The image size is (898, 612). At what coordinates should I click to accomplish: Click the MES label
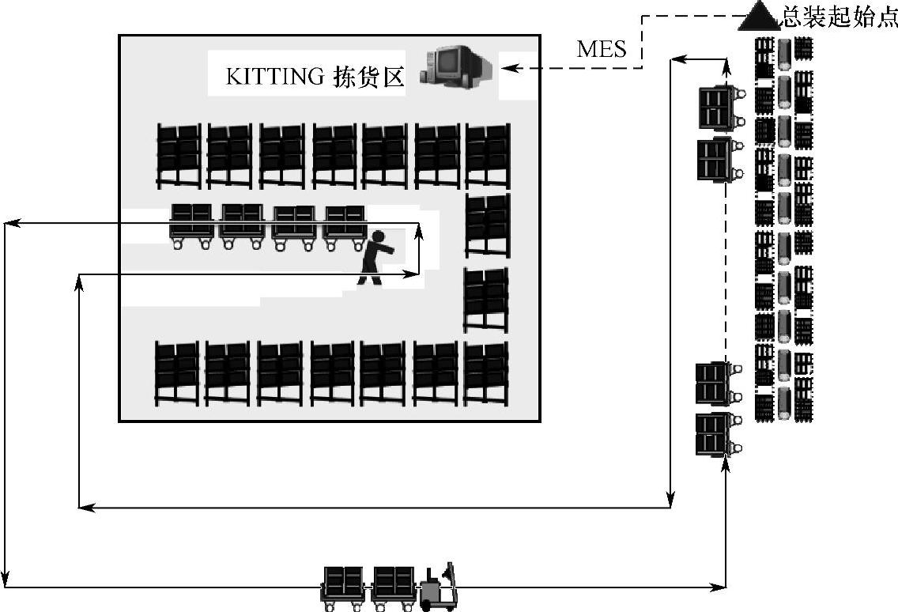point(602,49)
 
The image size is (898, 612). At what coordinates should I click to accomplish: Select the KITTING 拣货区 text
point(315,77)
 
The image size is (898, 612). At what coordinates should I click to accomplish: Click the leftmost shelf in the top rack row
point(178,155)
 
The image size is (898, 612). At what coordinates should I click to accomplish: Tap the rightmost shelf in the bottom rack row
point(485,373)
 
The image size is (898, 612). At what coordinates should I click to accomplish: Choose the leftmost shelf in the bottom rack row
point(176,373)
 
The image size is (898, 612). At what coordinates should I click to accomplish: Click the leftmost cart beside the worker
point(191,226)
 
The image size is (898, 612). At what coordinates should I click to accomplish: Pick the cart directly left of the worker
point(345,226)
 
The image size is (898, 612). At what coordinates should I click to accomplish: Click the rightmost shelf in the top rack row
point(487,155)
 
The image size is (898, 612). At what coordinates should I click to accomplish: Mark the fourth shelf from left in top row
point(334,155)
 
